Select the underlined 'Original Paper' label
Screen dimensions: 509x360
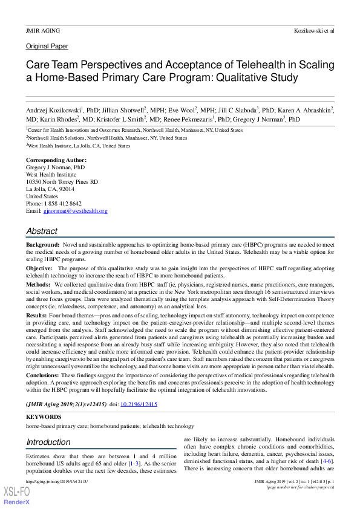tap(47, 47)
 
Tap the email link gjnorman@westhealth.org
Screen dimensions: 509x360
tap(76, 211)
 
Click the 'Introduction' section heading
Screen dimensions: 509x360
tap(49, 442)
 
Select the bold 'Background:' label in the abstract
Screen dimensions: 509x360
tap(42, 245)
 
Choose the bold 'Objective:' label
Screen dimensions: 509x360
tap(40, 268)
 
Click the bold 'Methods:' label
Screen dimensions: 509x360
tap(38, 284)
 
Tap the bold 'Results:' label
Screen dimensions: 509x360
tap(37, 315)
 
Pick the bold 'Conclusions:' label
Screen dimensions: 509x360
tap(42, 375)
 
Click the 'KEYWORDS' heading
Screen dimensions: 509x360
tap(44, 417)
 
